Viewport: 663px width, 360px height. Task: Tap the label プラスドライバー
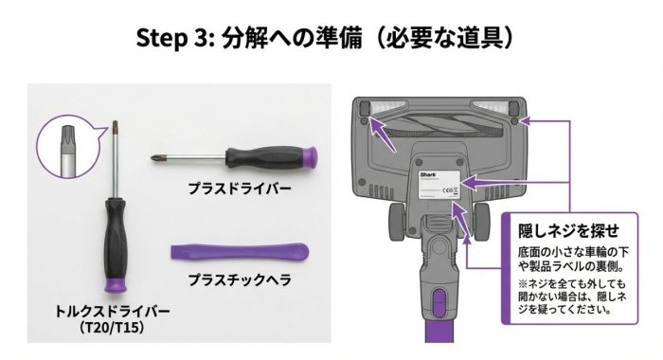pyautogui.click(x=240, y=189)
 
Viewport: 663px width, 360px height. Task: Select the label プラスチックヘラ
pyautogui.click(x=240, y=279)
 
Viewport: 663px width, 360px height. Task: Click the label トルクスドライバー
pyautogui.click(x=113, y=312)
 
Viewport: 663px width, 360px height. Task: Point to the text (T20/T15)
pyautogui.click(x=112, y=327)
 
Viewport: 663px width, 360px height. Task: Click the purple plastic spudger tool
pyautogui.click(x=240, y=252)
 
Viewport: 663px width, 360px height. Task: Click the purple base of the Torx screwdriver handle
pyautogui.click(x=115, y=285)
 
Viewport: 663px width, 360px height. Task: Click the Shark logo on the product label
pyautogui.click(x=427, y=174)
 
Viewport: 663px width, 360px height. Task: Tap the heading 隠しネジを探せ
pyautogui.click(x=568, y=231)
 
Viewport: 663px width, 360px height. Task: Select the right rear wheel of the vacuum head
pyautogui.click(x=481, y=222)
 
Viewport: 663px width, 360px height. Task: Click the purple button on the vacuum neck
pyautogui.click(x=439, y=302)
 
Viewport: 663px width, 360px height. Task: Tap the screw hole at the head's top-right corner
pyautogui.click(x=514, y=121)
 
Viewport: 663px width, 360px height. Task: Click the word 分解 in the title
pyautogui.click(x=244, y=38)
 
